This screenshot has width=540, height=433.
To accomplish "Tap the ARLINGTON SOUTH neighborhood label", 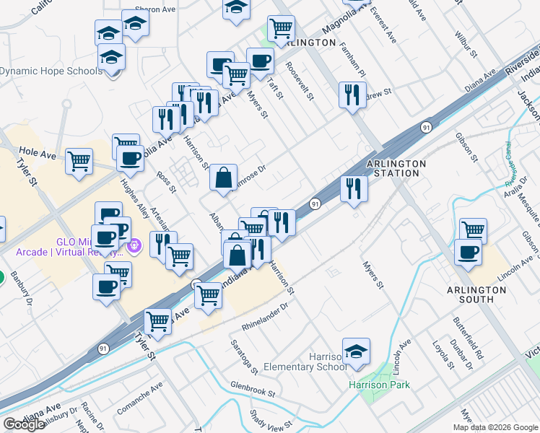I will [x=476, y=294].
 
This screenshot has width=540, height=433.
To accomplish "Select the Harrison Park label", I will [x=379, y=385].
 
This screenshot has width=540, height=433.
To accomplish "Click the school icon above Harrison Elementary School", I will [x=356, y=352].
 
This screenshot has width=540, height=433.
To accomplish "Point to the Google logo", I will [x=24, y=424].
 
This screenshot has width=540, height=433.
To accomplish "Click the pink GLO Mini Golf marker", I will [x=133, y=248].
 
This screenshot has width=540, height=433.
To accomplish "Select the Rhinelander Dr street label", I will [x=265, y=316].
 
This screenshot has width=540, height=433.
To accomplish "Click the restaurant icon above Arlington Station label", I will [x=353, y=96].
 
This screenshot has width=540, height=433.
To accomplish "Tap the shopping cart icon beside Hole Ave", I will [x=79, y=162].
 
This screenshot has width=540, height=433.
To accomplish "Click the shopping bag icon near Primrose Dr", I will [x=224, y=178].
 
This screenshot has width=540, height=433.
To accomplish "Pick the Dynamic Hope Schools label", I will [x=51, y=71].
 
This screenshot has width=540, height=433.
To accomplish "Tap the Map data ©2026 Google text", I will [x=495, y=427].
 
